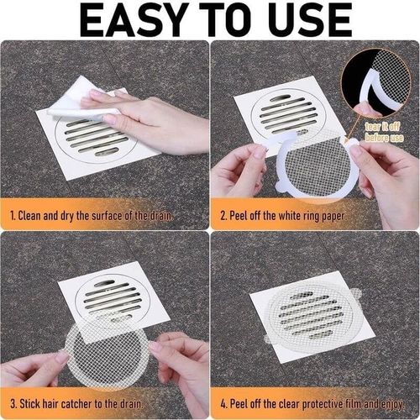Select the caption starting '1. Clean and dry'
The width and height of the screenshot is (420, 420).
92,216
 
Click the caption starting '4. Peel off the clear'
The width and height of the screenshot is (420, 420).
312,403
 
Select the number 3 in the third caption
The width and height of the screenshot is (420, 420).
11,403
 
